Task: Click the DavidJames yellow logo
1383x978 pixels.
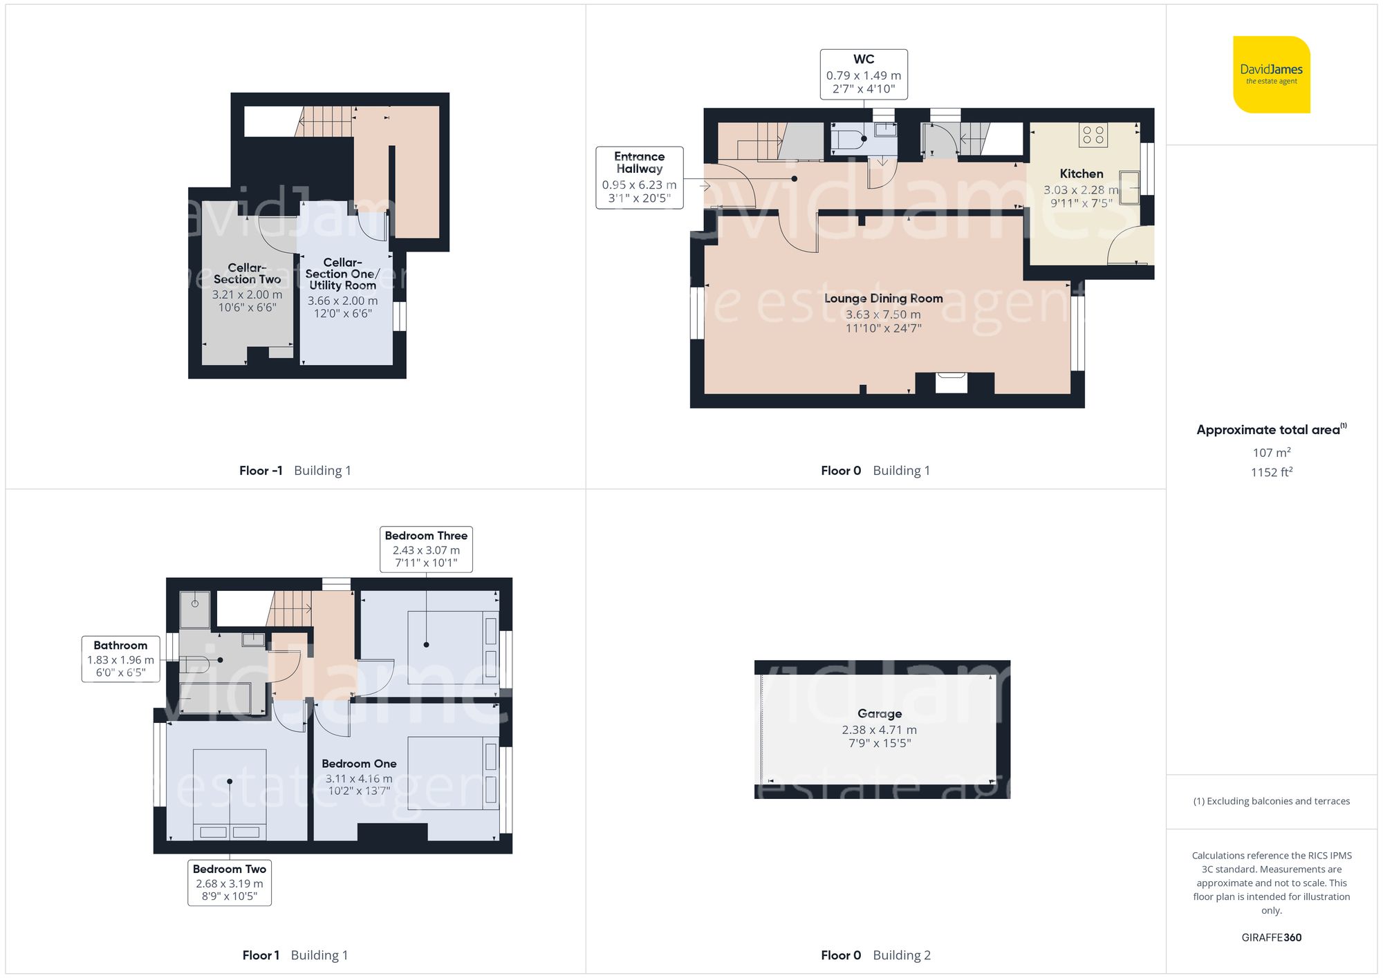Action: click(x=1271, y=75)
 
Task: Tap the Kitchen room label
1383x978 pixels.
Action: click(x=1081, y=174)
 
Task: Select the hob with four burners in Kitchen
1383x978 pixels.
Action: click(x=1093, y=135)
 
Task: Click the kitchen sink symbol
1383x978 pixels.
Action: click(x=1130, y=187)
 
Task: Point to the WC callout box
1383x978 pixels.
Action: click(x=864, y=74)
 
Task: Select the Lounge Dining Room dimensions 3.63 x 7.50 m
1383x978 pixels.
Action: click(x=883, y=314)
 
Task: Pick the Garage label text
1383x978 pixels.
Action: click(x=880, y=714)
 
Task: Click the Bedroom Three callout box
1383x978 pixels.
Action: click(x=426, y=549)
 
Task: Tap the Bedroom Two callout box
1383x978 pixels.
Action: click(x=230, y=882)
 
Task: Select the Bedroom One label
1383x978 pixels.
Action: click(x=359, y=764)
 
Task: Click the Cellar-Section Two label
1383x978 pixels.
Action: click(x=247, y=274)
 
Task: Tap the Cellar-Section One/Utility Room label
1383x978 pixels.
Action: click(x=342, y=274)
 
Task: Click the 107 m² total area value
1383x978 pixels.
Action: click(x=1271, y=453)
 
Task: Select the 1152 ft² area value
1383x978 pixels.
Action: click(x=1271, y=472)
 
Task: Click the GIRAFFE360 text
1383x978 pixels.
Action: click(x=1271, y=938)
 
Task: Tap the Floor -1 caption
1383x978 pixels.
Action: click(x=261, y=471)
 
